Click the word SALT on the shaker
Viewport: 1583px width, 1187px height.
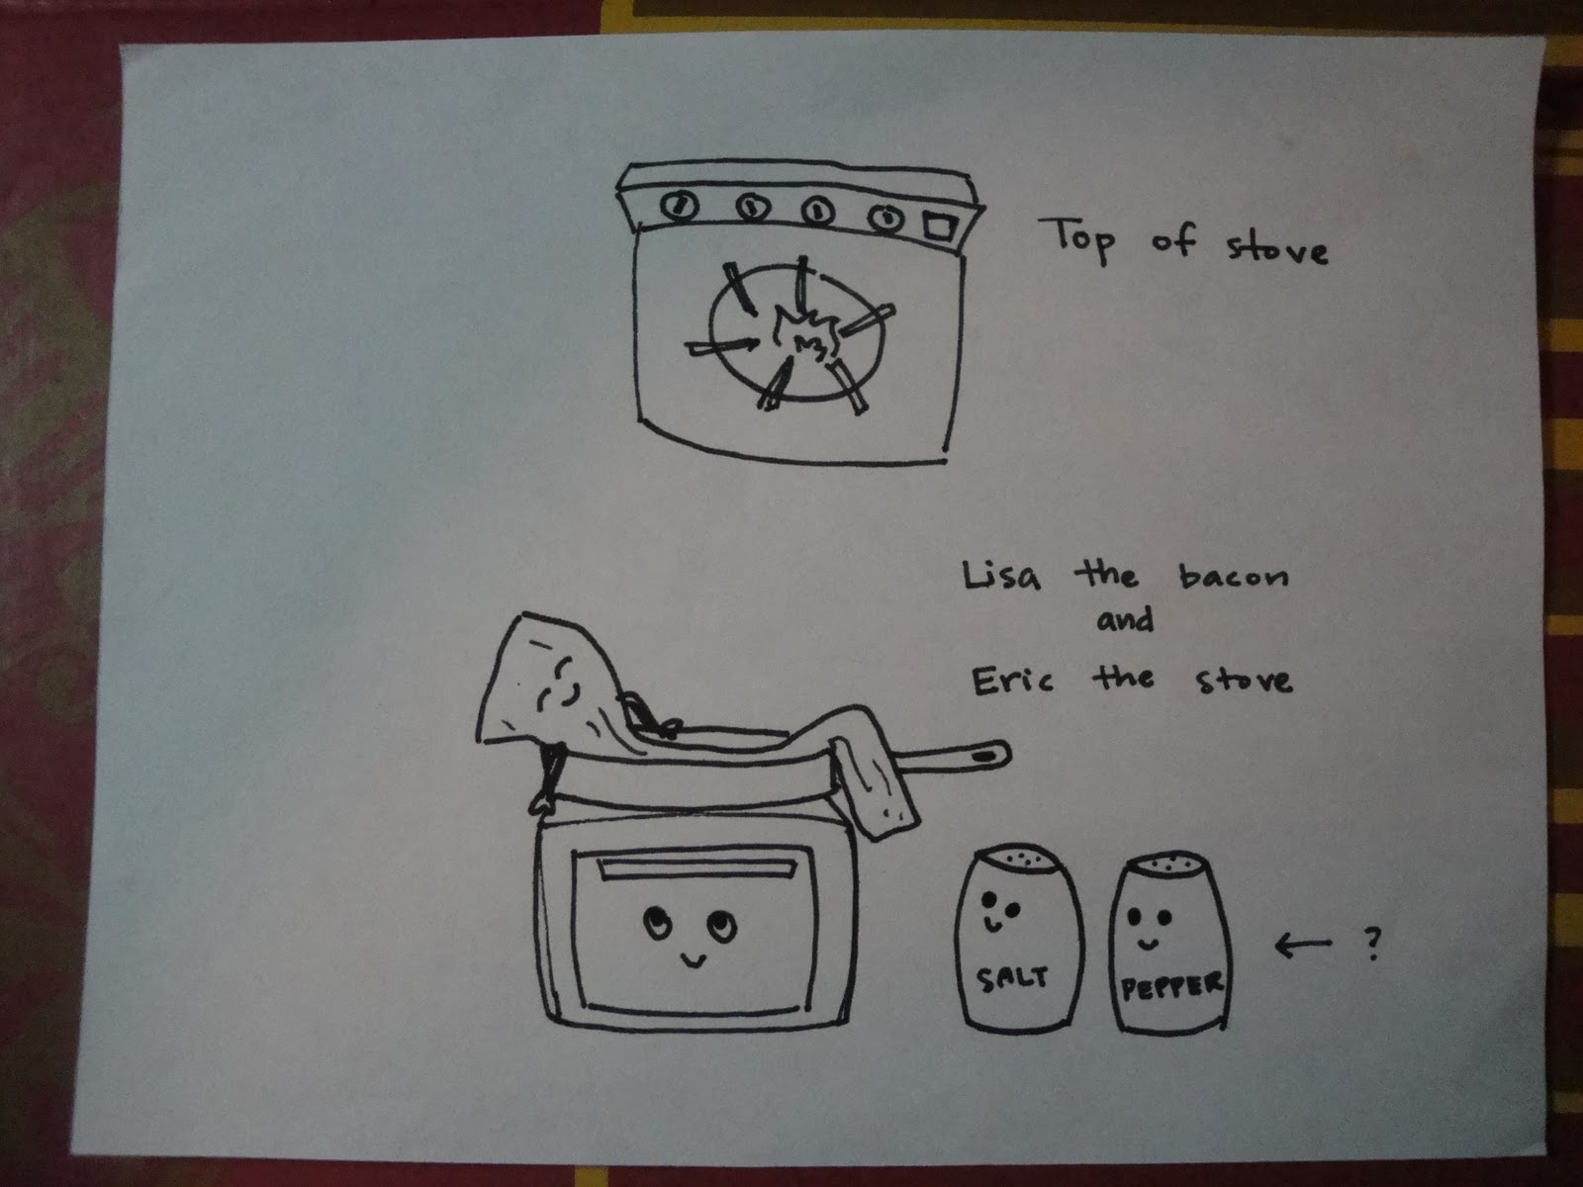pyautogui.click(x=1012, y=978)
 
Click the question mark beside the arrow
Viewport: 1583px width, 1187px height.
pyautogui.click(x=1373, y=944)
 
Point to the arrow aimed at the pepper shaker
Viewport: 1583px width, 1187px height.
pyautogui.click(x=1302, y=945)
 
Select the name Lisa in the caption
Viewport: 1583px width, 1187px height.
pyautogui.click(x=1001, y=576)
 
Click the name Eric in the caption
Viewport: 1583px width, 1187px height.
pyautogui.click(x=1012, y=681)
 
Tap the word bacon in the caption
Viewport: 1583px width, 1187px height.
pyautogui.click(x=1233, y=577)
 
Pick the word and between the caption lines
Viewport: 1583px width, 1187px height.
pyautogui.click(x=1126, y=620)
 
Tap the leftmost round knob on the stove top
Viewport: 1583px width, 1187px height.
pyautogui.click(x=680, y=206)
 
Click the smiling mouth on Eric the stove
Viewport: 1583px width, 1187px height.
pyautogui.click(x=694, y=959)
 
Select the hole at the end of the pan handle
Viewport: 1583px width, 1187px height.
pyautogui.click(x=983, y=757)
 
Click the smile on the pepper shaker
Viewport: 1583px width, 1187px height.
pyautogui.click(x=1147, y=944)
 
